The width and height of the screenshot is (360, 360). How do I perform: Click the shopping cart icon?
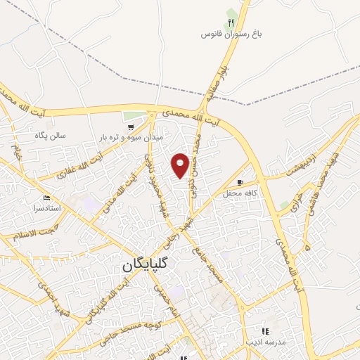tap(131, 127)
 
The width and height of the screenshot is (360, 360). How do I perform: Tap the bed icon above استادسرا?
tap(47, 198)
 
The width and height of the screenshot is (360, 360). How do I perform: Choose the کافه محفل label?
tap(241, 193)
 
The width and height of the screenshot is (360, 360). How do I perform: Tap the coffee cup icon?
tap(240, 182)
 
